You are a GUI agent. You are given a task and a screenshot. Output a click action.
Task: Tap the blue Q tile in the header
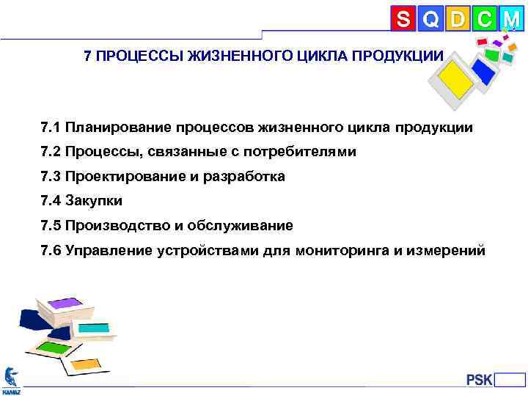431,18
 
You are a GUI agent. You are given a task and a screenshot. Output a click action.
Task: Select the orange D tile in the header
458,18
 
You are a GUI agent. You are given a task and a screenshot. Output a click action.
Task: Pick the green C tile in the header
484,18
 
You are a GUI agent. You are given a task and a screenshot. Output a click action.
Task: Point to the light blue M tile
510,18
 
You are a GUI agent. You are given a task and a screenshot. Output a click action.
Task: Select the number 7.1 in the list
51,128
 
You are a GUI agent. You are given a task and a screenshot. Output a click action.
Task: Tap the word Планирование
117,128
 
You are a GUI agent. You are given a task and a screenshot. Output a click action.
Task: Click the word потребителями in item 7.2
309,153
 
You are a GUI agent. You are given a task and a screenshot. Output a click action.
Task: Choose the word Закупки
93,201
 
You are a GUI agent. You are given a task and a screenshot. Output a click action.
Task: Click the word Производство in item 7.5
114,225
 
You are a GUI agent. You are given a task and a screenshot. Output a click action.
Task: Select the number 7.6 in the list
51,250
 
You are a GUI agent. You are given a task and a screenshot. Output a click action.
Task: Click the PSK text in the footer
480,380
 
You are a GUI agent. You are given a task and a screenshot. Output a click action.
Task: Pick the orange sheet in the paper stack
87,362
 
